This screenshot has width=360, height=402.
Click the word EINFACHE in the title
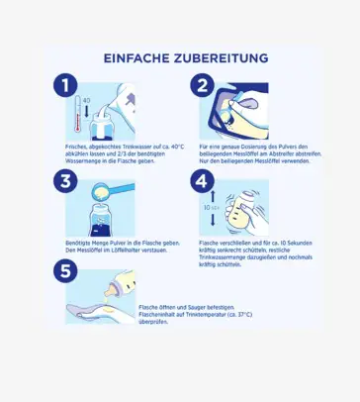[135, 58]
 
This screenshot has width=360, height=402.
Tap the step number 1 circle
[65, 85]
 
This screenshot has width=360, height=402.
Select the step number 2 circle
[203, 85]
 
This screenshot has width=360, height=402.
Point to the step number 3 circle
[65, 181]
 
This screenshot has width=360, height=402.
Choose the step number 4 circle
[203, 181]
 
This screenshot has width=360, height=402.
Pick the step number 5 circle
[65, 271]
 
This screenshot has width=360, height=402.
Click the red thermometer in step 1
[78, 114]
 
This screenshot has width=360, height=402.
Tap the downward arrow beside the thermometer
[87, 111]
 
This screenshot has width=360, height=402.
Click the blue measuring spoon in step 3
[112, 191]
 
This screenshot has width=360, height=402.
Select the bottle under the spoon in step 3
[102, 220]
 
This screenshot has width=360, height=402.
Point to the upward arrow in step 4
[213, 196]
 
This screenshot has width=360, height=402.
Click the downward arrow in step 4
[213, 220]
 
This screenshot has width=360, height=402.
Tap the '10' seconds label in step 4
[207, 208]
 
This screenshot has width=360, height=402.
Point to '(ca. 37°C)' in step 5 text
[239, 315]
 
